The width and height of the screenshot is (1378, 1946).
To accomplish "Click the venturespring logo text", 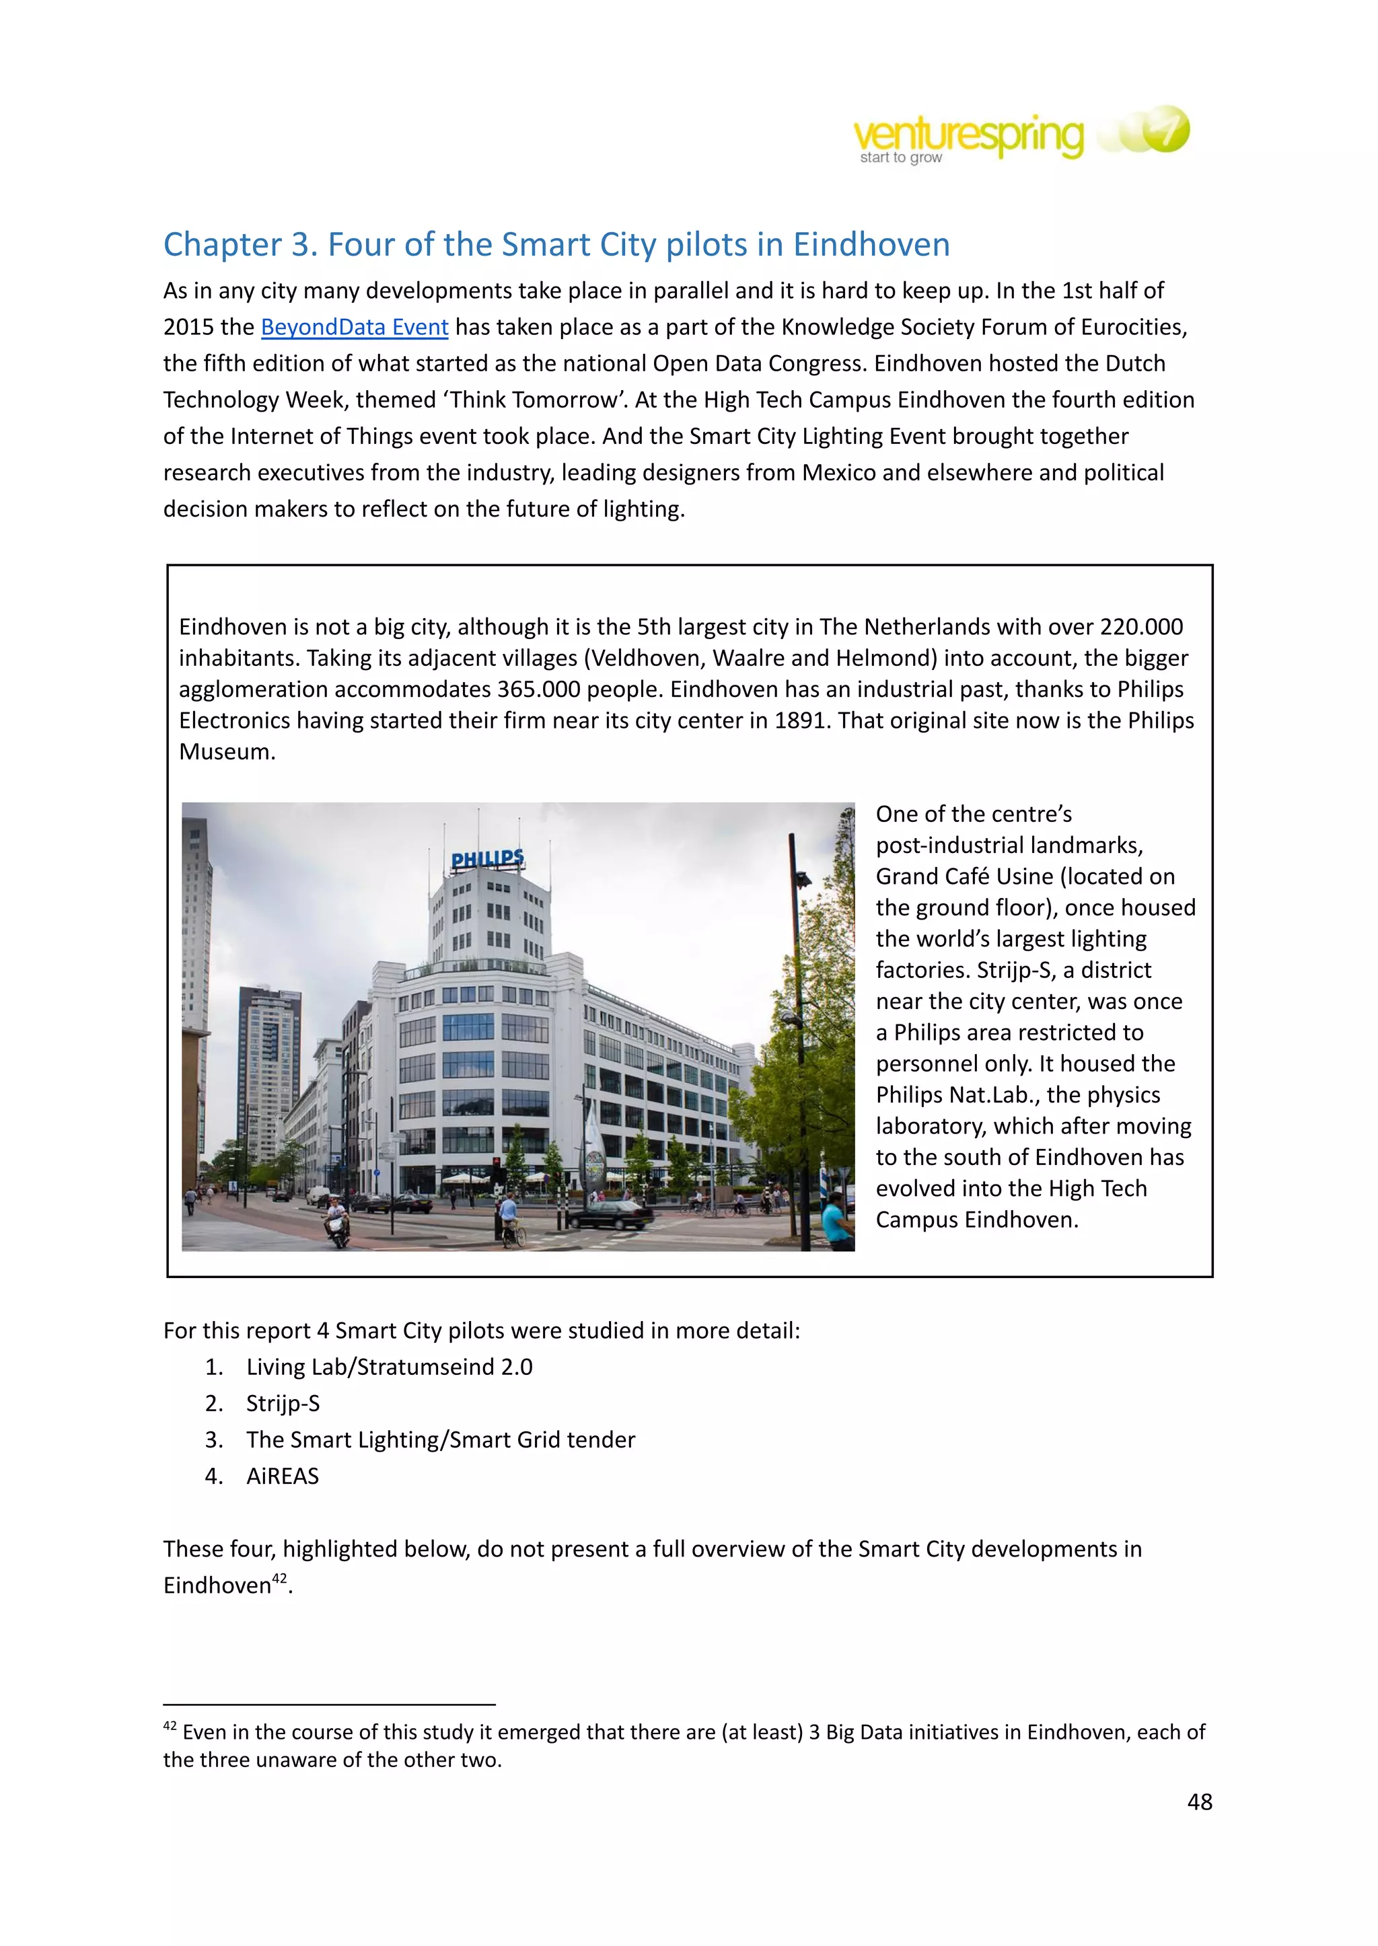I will (968, 136).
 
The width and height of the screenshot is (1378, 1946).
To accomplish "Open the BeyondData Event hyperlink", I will (354, 328).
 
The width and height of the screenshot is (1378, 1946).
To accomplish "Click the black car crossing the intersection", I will (610, 1214).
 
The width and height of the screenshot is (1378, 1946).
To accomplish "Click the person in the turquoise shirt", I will (835, 1222).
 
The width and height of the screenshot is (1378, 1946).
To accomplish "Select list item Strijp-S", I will (283, 1403).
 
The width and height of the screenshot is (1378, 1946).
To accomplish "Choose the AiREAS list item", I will (283, 1476).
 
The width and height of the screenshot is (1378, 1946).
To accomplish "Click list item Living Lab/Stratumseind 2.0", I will (389, 1367).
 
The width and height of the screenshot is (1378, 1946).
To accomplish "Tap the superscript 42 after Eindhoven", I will (280, 1578).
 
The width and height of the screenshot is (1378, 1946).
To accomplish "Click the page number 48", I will (1199, 1802).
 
